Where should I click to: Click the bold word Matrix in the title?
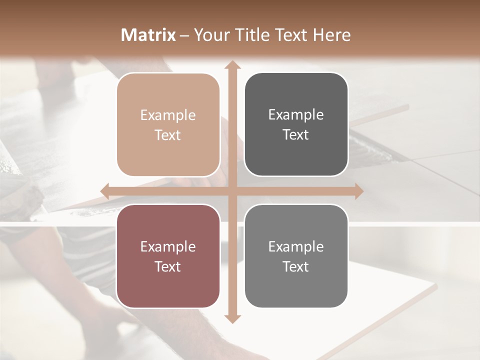tap(148, 35)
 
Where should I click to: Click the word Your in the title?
tap(209, 35)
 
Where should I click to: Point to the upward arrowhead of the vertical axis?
tap(232, 65)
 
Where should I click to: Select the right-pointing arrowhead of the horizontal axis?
tap(358, 191)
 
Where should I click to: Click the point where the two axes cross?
tap(232, 191)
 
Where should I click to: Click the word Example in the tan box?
tap(168, 115)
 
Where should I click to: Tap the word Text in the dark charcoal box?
tap(296, 135)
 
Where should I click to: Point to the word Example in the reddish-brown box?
tap(168, 246)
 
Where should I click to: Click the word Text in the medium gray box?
tap(296, 266)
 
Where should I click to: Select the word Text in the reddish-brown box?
tap(168, 266)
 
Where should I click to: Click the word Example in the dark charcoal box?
tap(296, 115)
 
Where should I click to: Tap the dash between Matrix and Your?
tap(184, 35)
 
